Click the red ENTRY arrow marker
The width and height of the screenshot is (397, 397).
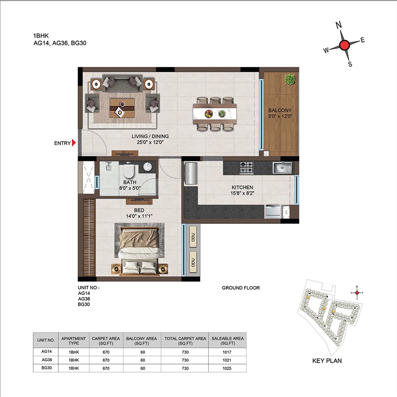pyautogui.click(x=74, y=143)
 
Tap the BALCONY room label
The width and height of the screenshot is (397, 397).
pyautogui.click(x=280, y=110)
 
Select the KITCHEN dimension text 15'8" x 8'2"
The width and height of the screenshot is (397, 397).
pyautogui.click(x=242, y=193)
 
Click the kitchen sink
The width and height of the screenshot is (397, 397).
pyautogui.click(x=282, y=168)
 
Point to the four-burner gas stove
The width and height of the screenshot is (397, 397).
pyautogui.click(x=247, y=168)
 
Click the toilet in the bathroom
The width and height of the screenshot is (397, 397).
pyautogui.click(x=129, y=171)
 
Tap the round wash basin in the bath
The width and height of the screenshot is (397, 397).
pyautogui.click(x=147, y=167)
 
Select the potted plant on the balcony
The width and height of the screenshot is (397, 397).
pyautogui.click(x=290, y=79)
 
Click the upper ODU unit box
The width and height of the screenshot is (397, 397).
pyautogui.click(x=193, y=237)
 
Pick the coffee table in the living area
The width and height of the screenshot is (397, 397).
pyautogui.click(x=122, y=108)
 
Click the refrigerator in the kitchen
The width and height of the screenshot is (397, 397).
pyautogui.click(x=191, y=173)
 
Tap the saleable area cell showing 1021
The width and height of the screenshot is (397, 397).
pyautogui.click(x=227, y=360)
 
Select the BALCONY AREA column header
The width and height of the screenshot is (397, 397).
pyautogui.click(x=142, y=341)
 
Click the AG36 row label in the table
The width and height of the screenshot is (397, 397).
pyautogui.click(x=47, y=360)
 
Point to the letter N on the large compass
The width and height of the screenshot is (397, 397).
pyautogui.click(x=339, y=25)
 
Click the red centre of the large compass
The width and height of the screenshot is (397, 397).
pyautogui.click(x=344, y=45)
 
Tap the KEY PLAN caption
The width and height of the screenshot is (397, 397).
pyautogui.click(x=327, y=361)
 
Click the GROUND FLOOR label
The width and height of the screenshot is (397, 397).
pyautogui.click(x=241, y=288)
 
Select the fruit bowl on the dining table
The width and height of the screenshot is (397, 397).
pyautogui.click(x=209, y=114)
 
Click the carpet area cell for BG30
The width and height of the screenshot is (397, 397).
pyautogui.click(x=106, y=368)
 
